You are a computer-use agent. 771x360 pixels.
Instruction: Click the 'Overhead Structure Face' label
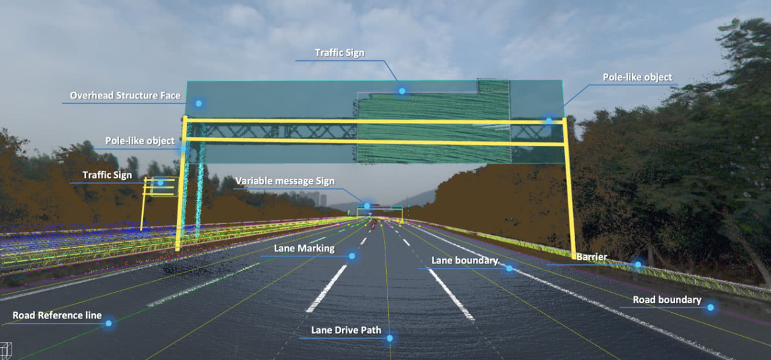pyautogui.click(x=126, y=95)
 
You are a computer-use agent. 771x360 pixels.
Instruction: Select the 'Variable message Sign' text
pyautogui.click(x=285, y=181)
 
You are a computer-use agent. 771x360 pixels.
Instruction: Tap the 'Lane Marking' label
pyautogui.click(x=305, y=248)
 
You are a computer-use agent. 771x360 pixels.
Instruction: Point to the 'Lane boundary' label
pyautogui.click(x=465, y=260)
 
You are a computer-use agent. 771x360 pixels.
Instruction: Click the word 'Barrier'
pyautogui.click(x=592, y=257)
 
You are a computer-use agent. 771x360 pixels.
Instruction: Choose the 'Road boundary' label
pyautogui.click(x=667, y=300)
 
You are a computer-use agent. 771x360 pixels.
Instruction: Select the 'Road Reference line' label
pyautogui.click(x=57, y=315)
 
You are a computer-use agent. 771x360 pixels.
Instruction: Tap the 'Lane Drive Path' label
pyautogui.click(x=346, y=330)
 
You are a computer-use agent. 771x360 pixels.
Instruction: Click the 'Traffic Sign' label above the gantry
pyautogui.click(x=339, y=52)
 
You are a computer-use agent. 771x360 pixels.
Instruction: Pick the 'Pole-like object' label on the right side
pyautogui.click(x=638, y=77)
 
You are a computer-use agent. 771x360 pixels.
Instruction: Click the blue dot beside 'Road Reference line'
pyautogui.click(x=109, y=323)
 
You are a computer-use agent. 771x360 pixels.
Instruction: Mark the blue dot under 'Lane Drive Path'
pyautogui.click(x=389, y=338)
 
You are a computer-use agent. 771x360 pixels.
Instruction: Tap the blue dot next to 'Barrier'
pyautogui.click(x=638, y=264)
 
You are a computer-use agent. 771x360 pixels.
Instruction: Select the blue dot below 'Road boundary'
pyautogui.click(x=710, y=308)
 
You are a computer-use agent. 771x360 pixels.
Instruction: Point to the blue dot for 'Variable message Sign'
pyautogui.click(x=367, y=206)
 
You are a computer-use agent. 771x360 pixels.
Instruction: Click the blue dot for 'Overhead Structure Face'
pyautogui.click(x=199, y=103)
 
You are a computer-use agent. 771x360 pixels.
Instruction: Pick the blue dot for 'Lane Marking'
pyautogui.click(x=352, y=256)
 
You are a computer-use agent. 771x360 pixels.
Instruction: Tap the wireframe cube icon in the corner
pyautogui.click(x=6, y=348)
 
